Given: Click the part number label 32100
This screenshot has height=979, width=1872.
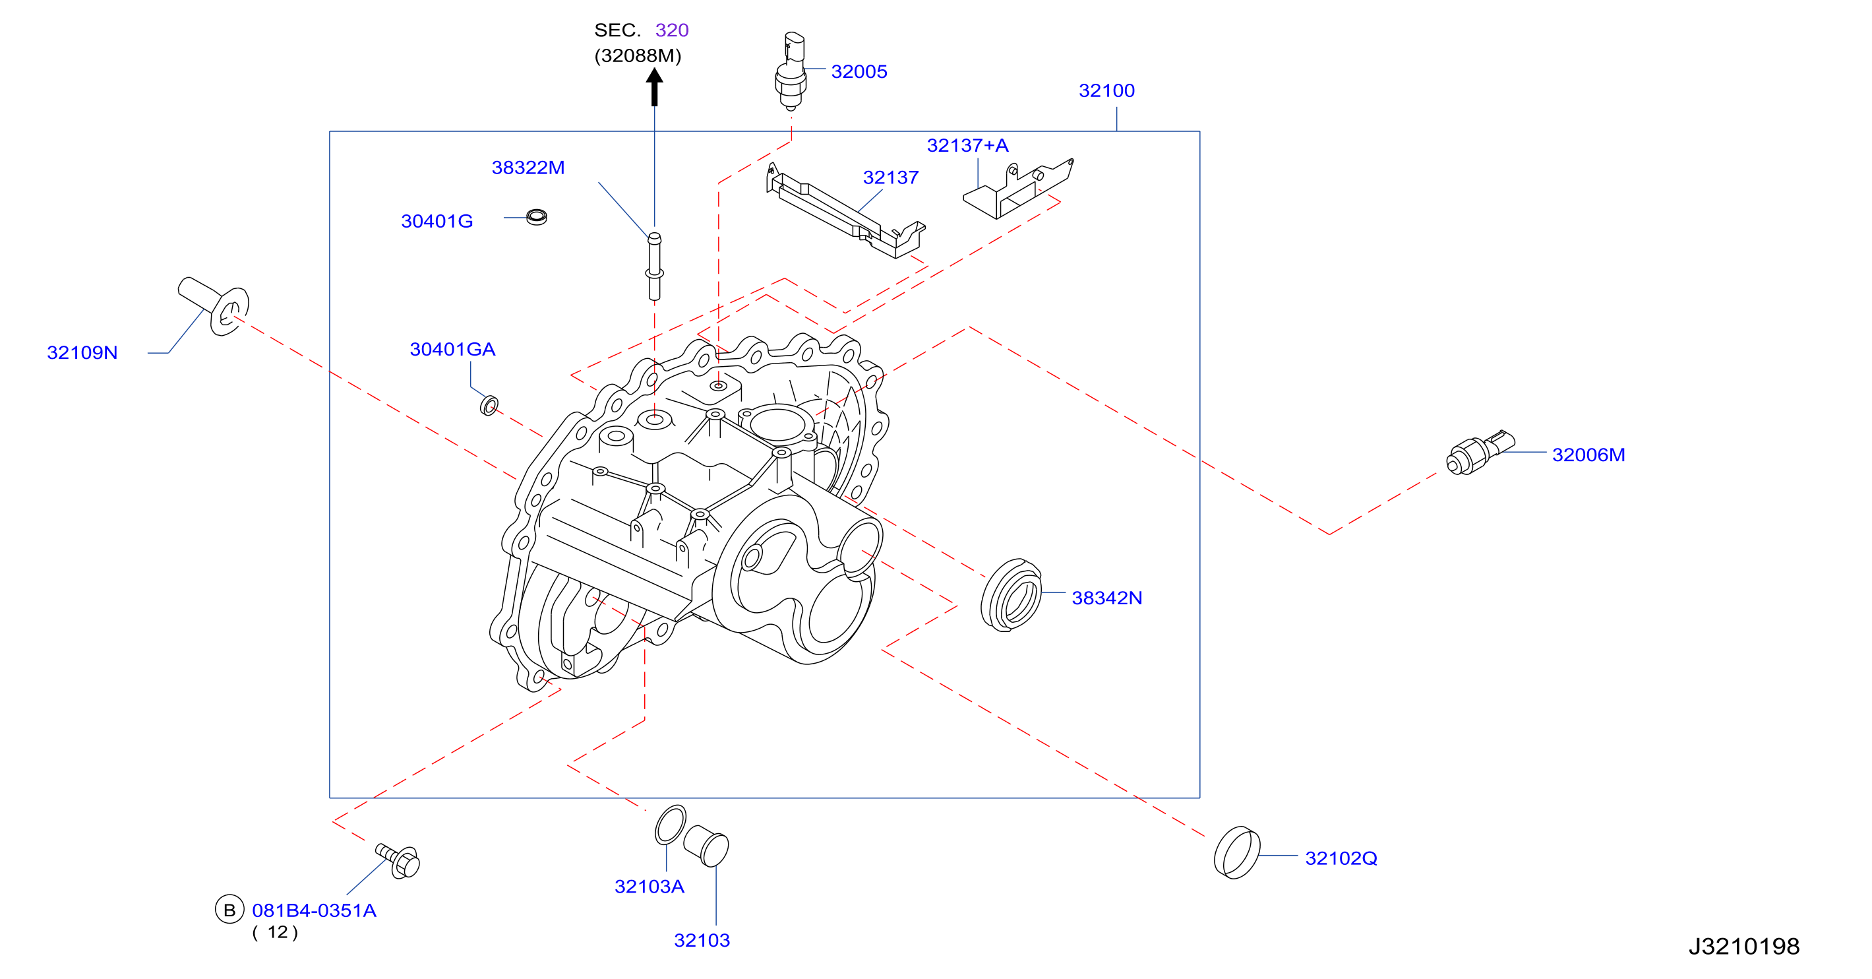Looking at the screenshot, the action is pos(1106,91).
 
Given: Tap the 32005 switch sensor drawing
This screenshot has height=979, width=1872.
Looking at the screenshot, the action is pos(791,71).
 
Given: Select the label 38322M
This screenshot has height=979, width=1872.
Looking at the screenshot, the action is pos(528,168).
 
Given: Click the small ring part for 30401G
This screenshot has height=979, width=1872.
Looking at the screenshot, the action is pos(536,216).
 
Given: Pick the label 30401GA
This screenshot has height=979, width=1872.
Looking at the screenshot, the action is pos(453,350).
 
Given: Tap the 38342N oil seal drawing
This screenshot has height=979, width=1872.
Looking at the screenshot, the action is pos(1011,595).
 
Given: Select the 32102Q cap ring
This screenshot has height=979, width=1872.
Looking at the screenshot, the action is pos(1237,852).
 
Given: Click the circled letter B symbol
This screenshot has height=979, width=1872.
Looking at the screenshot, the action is pos(229,910).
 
